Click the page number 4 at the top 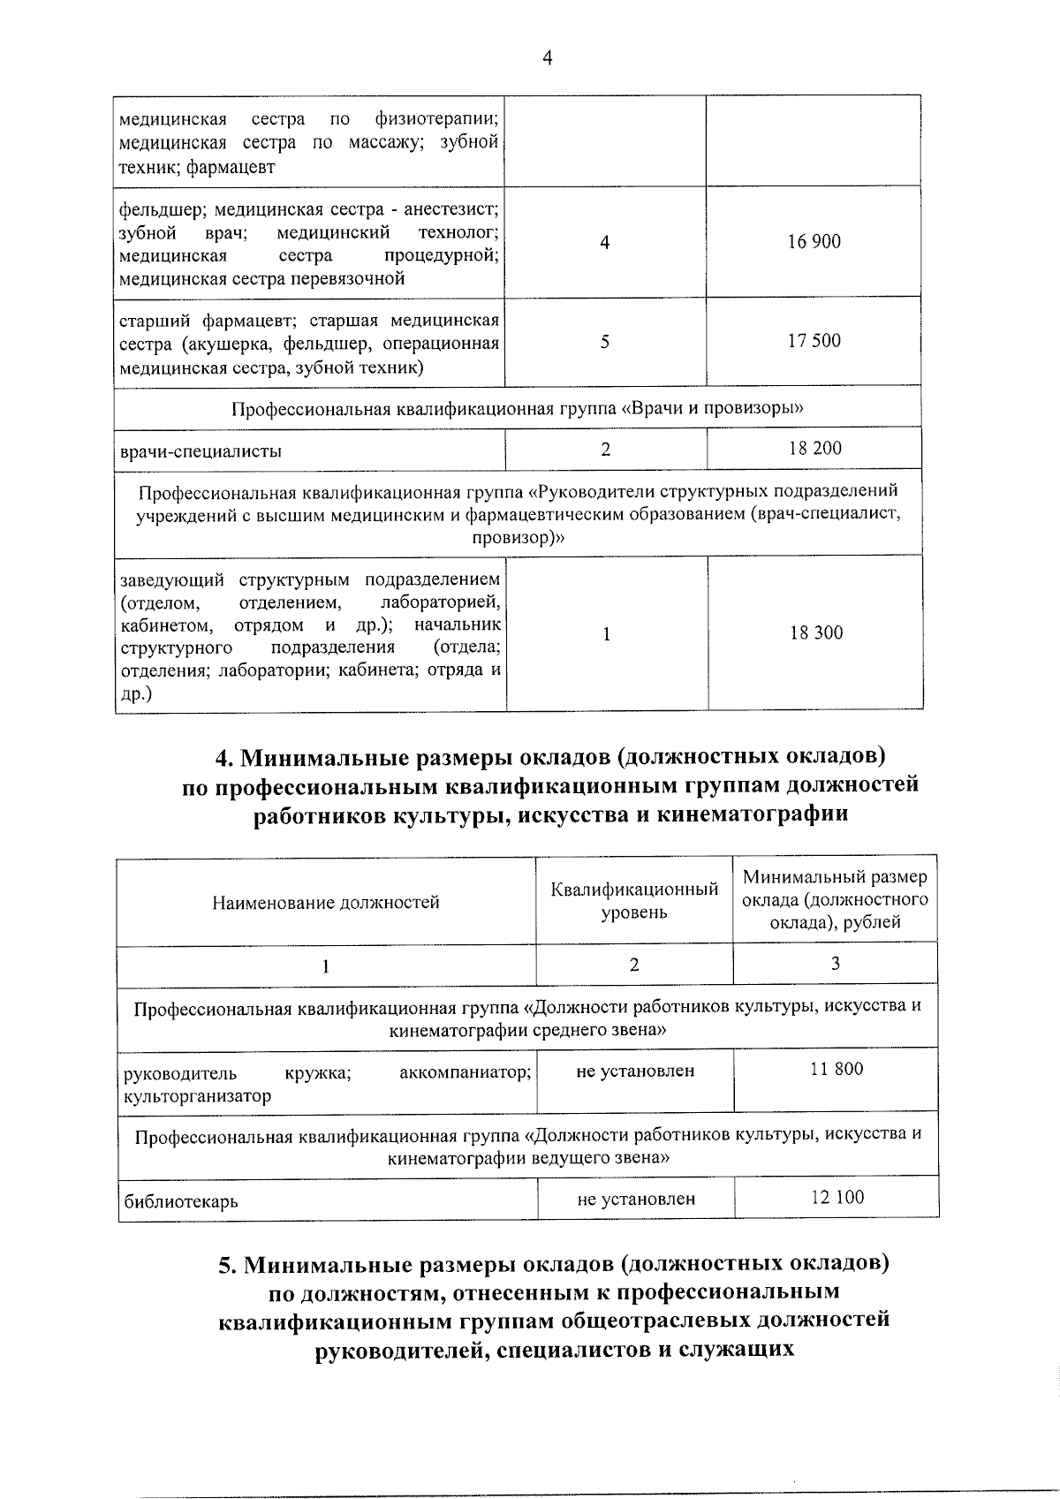coord(547,58)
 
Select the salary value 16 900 coord(814,241)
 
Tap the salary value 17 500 coord(814,341)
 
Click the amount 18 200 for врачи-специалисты coord(814,448)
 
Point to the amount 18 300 coord(816,632)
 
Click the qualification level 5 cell coord(605,342)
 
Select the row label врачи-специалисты coord(201,451)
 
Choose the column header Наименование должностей coord(326,902)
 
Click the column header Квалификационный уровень coord(634,900)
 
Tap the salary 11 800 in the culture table coord(837,1069)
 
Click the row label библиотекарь coord(181,1201)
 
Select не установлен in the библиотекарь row coord(636,1199)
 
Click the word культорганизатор coord(198,1096)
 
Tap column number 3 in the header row coord(835,964)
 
